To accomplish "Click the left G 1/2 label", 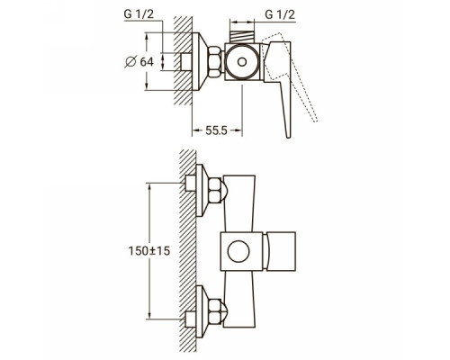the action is tap(139, 14).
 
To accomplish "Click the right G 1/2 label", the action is tap(280, 14).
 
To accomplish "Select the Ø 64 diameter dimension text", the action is tap(139, 62).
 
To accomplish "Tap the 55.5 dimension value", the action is tap(216, 130).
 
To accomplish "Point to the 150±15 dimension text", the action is tap(149, 251).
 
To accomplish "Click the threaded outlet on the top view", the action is tap(242, 37).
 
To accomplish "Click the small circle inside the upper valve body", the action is tap(242, 62).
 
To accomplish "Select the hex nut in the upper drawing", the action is tap(215, 61).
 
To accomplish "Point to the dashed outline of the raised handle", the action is tap(303, 90).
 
